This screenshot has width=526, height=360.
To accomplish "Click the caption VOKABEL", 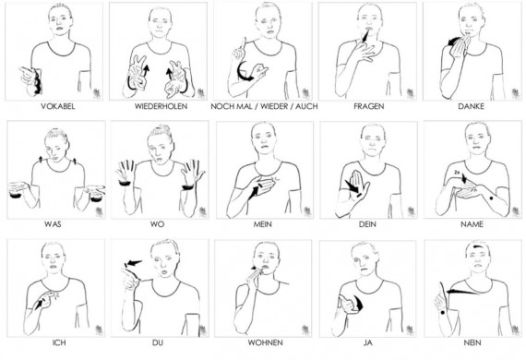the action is [58, 106].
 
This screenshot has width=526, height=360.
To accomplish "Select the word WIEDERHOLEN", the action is [161, 106].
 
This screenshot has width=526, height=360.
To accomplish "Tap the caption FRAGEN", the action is [369, 106].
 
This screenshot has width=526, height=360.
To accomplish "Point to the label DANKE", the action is [471, 106].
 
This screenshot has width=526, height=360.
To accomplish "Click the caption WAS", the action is [53, 224].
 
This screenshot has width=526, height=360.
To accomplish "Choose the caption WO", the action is [157, 224].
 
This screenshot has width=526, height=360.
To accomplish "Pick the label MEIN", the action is [262, 224].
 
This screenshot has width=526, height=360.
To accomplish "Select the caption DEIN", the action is [367, 224].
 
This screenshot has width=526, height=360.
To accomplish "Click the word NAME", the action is [472, 224].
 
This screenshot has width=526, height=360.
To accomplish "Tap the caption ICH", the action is [59, 342].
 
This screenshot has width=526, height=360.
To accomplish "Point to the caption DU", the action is [158, 342].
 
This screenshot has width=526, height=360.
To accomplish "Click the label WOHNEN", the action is [265, 342].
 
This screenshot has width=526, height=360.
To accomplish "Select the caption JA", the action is [367, 342].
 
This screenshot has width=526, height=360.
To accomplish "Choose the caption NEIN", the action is [472, 342].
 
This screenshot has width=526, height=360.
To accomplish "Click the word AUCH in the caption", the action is [305, 106].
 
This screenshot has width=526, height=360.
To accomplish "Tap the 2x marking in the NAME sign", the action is [457, 172].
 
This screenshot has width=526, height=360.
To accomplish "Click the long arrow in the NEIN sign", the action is [463, 292].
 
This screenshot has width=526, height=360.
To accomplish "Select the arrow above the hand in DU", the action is [133, 263].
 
